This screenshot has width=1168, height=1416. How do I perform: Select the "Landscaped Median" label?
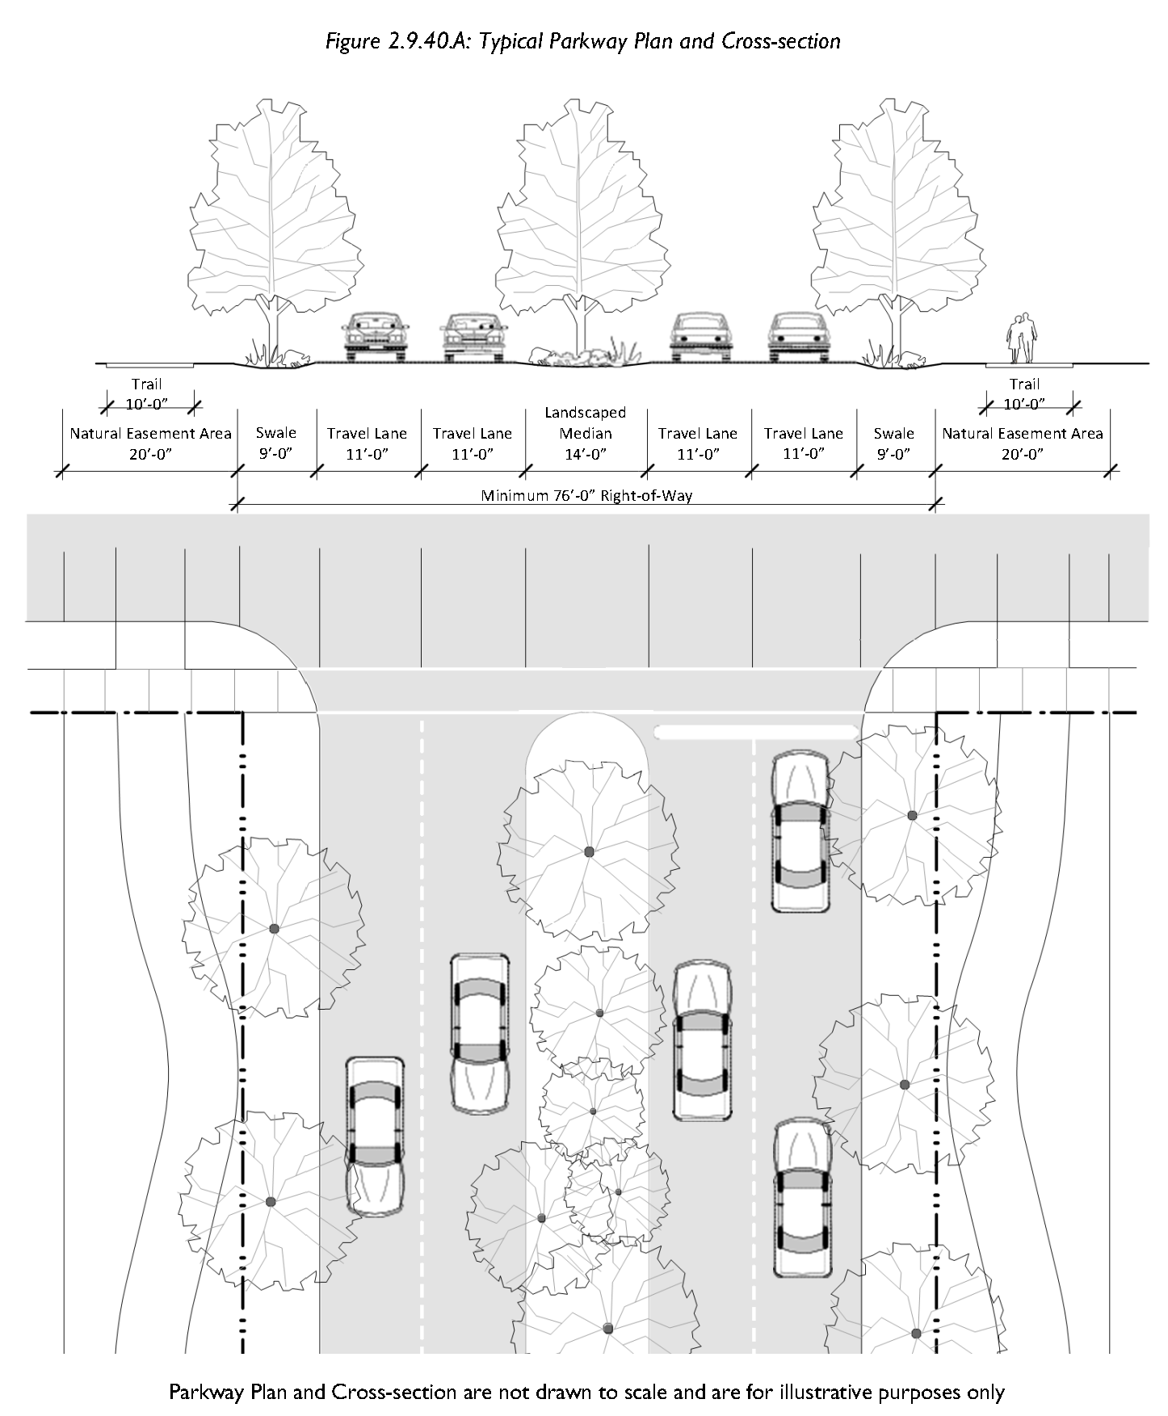click(586, 422)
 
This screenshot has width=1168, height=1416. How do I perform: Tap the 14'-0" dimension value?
click(586, 454)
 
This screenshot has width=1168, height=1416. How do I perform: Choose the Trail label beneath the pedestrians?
click(1024, 384)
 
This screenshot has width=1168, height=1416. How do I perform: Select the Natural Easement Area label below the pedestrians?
click(1022, 434)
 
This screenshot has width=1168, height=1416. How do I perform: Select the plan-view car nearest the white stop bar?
click(800, 832)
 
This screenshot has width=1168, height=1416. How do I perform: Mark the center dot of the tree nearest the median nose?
click(589, 851)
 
